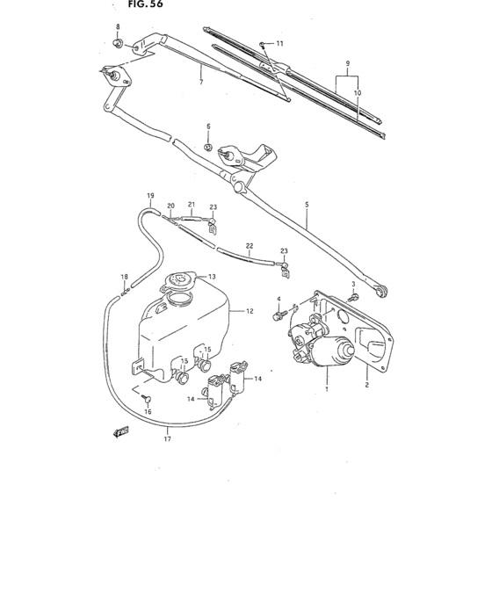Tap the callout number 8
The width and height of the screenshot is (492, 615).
[x=118, y=27]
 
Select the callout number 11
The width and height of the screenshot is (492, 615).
[x=279, y=43]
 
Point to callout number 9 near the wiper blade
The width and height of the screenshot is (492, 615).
[x=348, y=64]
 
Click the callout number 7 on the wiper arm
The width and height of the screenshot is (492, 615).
[x=201, y=82]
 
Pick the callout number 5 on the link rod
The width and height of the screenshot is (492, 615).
[x=307, y=205]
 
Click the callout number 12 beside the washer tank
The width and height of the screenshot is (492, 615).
[x=250, y=311]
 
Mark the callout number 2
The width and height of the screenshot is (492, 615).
[x=367, y=384]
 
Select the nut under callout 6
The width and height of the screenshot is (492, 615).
[x=208, y=147]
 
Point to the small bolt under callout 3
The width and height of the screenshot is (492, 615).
[x=353, y=296]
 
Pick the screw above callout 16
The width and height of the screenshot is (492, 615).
[x=147, y=398]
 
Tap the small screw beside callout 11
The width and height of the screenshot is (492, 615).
[x=263, y=43]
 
